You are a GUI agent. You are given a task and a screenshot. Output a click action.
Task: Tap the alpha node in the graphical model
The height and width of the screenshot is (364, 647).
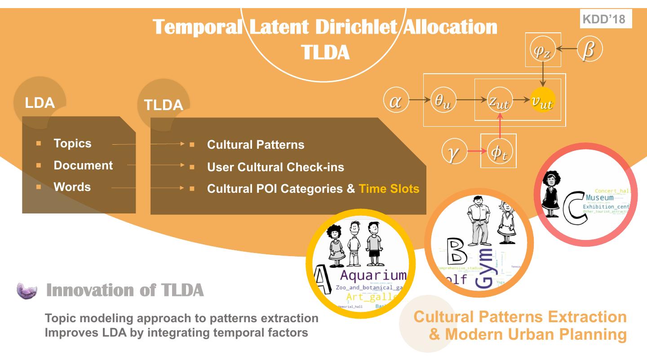click(x=395, y=101)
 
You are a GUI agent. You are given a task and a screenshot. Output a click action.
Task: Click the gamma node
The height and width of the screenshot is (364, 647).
click(x=454, y=151)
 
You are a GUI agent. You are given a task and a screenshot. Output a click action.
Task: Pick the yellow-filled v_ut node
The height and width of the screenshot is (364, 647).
click(x=542, y=101)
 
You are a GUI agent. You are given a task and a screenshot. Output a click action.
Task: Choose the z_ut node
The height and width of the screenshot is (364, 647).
click(x=499, y=102)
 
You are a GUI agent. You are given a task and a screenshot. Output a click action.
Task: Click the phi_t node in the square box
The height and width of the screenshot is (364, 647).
click(x=499, y=151)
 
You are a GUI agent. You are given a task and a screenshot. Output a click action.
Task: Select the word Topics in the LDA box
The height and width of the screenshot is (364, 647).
click(x=72, y=143)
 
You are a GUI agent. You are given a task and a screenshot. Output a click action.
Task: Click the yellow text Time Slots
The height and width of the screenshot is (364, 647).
click(x=389, y=189)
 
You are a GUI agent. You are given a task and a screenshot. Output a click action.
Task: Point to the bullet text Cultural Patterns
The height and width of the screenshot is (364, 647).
click(x=255, y=145)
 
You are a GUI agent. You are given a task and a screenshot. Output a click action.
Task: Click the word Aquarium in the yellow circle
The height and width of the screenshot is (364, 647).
click(x=372, y=275)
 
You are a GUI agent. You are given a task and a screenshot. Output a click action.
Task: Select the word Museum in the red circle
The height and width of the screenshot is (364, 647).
click(x=599, y=198)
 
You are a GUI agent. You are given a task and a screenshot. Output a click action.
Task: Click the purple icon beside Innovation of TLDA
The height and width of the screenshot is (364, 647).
click(x=28, y=291)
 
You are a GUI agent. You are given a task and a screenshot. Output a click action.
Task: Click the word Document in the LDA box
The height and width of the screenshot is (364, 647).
click(x=83, y=165)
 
